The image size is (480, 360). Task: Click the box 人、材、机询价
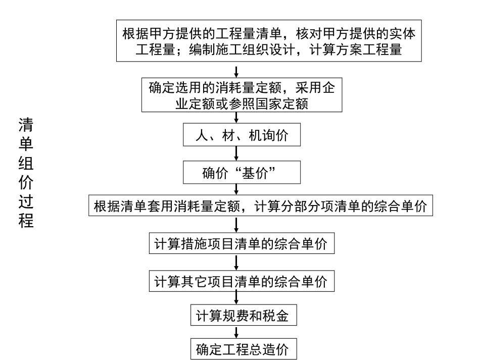(x=236, y=136)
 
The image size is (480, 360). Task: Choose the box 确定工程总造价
(x=244, y=348)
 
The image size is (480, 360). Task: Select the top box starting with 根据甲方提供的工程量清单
(x=270, y=41)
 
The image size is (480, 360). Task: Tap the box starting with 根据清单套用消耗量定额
(x=261, y=207)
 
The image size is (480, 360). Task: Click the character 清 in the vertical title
(x=26, y=125)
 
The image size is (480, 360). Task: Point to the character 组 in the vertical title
(x=26, y=163)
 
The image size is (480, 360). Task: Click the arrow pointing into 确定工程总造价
(x=236, y=332)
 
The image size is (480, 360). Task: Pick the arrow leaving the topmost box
(x=236, y=71)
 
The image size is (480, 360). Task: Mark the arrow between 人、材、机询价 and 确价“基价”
(x=236, y=154)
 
